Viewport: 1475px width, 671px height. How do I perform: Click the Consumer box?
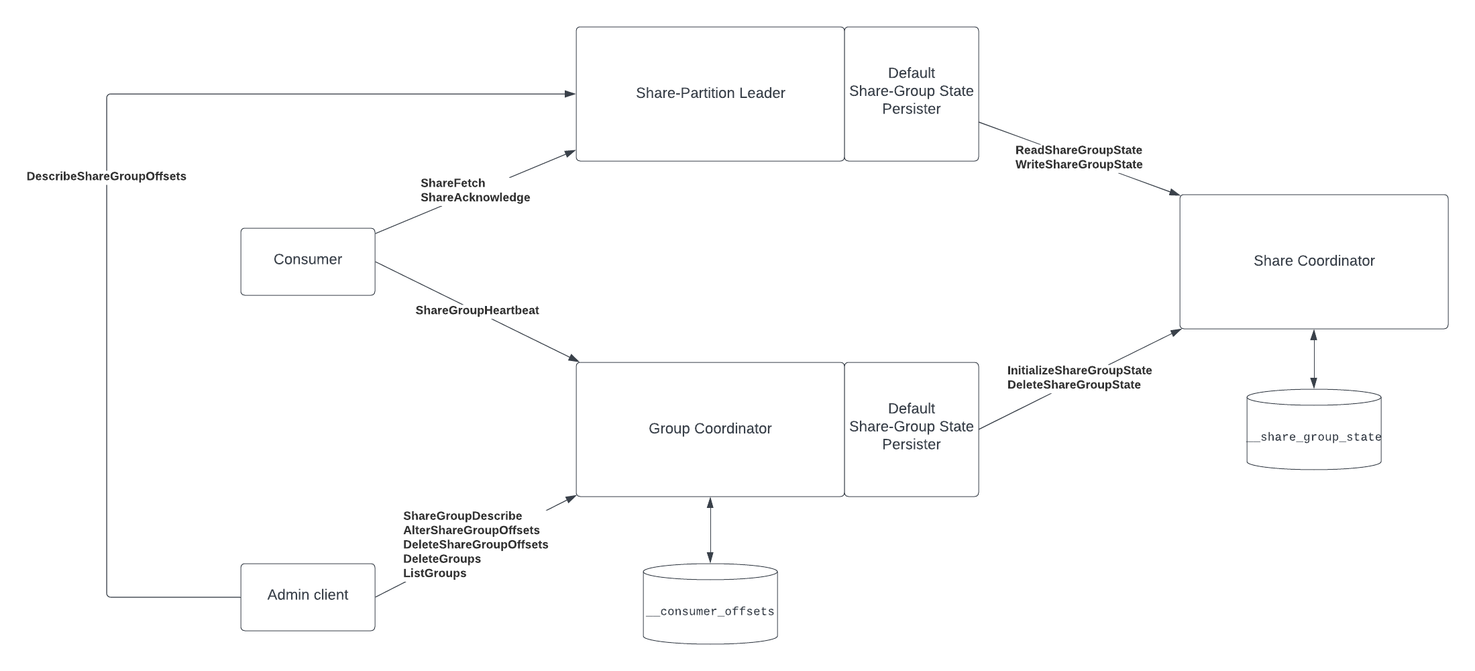pyautogui.click(x=308, y=262)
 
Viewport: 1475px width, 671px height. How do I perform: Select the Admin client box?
pyautogui.click(x=308, y=597)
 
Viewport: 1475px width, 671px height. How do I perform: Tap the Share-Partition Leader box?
pyautogui.click(x=710, y=94)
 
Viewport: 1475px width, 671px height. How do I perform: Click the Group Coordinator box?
pyautogui.click(x=710, y=429)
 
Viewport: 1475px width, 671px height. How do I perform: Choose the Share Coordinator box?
pyautogui.click(x=1314, y=262)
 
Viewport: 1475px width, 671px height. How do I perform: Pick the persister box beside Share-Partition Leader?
pyautogui.click(x=912, y=94)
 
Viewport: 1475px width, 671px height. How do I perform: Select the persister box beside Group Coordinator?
pyautogui.click(x=912, y=429)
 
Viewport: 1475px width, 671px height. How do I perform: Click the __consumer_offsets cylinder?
pyautogui.click(x=710, y=604)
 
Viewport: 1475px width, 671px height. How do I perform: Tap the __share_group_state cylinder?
pyautogui.click(x=1314, y=429)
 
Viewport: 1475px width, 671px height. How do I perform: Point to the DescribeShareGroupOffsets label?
pyautogui.click(x=107, y=176)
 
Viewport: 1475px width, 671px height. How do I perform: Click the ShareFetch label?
pyautogui.click(x=453, y=183)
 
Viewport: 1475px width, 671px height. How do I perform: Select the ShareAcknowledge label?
pyautogui.click(x=476, y=197)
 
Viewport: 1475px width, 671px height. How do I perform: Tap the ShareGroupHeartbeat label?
pyautogui.click(x=477, y=310)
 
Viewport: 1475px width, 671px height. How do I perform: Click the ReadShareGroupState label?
pyautogui.click(x=1079, y=150)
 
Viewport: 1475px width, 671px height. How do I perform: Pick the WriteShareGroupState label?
pyautogui.click(x=1079, y=164)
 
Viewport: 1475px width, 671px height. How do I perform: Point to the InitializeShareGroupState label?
pyautogui.click(x=1079, y=370)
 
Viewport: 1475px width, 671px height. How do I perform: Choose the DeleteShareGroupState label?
pyautogui.click(x=1074, y=384)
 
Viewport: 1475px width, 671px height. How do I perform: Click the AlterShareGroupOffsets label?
pyautogui.click(x=472, y=530)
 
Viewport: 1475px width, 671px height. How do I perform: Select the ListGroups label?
pyautogui.click(x=435, y=573)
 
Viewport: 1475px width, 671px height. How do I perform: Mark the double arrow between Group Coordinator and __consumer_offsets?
pyautogui.click(x=710, y=530)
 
